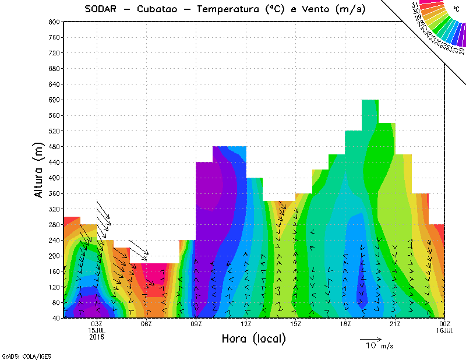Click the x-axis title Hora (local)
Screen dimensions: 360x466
point(253,339)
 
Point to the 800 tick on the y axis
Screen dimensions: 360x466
point(54,22)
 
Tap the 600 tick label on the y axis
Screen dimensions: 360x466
point(54,100)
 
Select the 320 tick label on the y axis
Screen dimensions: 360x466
point(54,209)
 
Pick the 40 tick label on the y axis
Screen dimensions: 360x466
point(56,318)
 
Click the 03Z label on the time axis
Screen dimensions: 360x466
point(97,324)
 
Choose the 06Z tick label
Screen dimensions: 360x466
point(146,324)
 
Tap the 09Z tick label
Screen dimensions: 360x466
point(196,324)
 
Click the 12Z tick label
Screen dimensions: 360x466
point(246,324)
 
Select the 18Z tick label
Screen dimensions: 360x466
point(345,324)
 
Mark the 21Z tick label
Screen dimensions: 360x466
point(395,324)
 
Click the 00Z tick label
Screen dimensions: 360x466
point(445,324)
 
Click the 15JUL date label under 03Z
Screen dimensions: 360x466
point(97,330)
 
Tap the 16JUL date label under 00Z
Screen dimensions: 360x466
point(445,330)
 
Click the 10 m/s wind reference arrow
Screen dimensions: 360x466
point(370,339)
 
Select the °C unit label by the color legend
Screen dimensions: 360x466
point(456,9)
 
